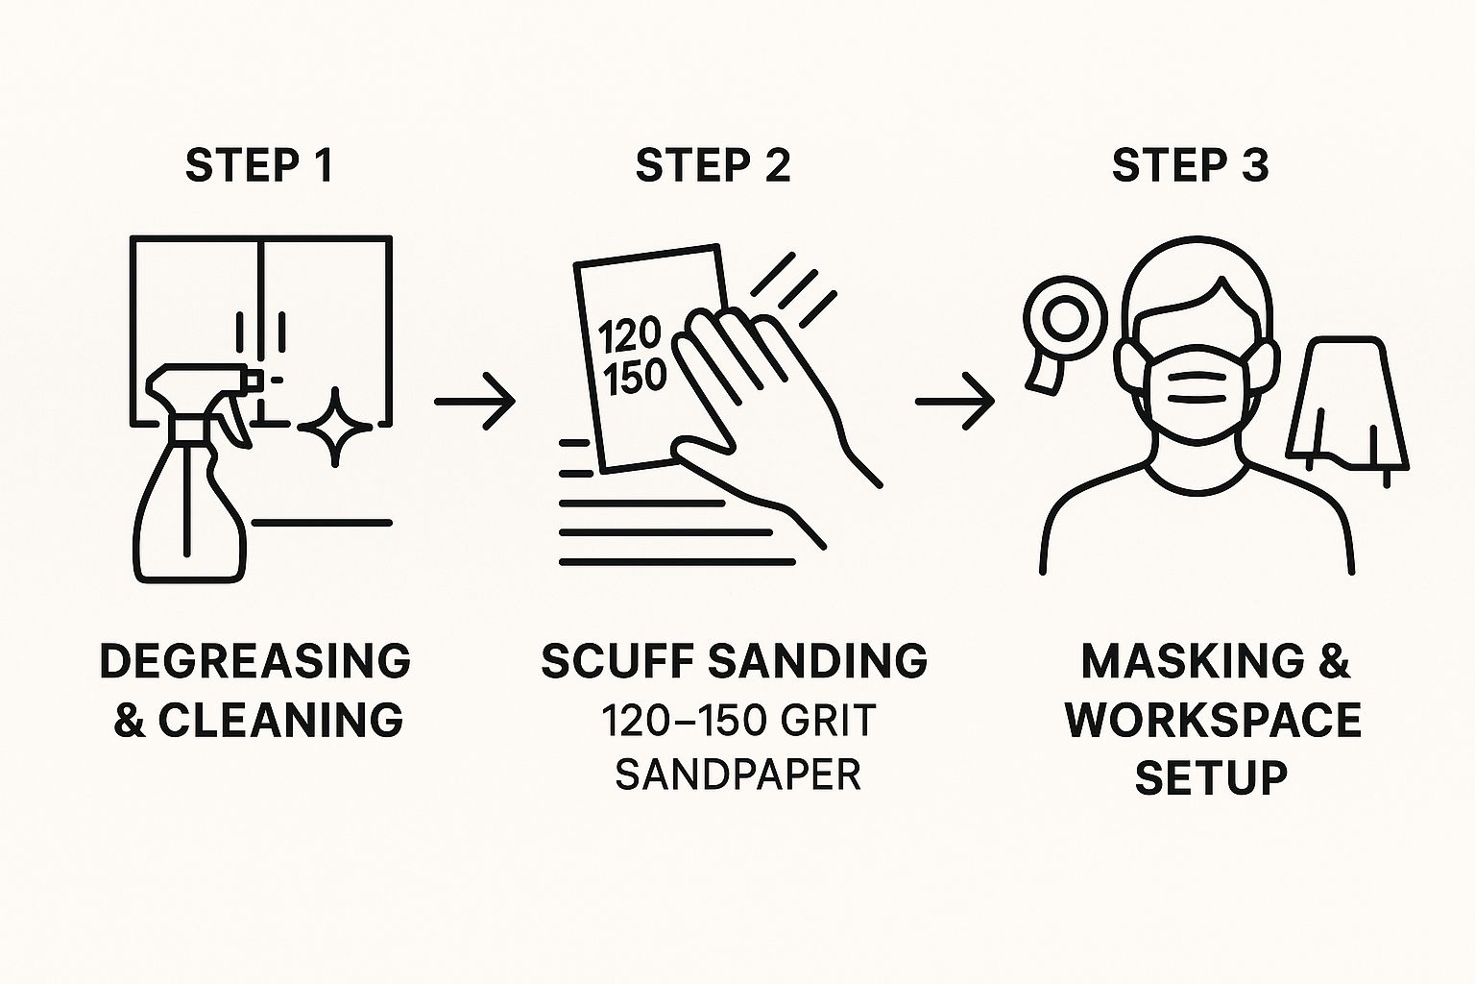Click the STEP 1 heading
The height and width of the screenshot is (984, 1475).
point(259,164)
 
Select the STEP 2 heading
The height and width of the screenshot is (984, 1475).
point(713,164)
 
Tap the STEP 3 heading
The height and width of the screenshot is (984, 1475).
point(1191,164)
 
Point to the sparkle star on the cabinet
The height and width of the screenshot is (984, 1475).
point(334,427)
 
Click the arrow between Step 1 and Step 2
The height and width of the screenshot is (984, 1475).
point(474,402)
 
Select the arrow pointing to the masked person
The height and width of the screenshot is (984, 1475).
point(955,402)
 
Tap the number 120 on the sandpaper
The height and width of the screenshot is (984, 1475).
point(629,334)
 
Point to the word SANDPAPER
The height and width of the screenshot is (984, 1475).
point(738,775)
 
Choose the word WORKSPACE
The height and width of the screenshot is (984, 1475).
point(1214,721)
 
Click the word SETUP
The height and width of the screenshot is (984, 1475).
point(1212,778)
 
